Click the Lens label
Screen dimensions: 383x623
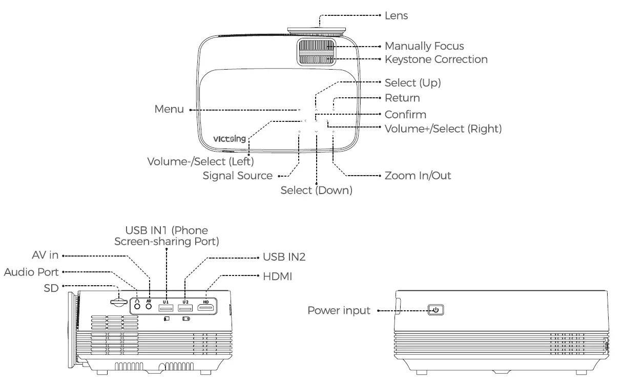(396, 16)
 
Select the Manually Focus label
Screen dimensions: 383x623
(424, 46)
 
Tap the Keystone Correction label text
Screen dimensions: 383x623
(435, 59)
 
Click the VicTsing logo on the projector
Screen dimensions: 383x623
(229, 139)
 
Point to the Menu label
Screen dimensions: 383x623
(169, 110)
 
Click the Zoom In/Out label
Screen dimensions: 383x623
(418, 176)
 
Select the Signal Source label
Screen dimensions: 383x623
(238, 176)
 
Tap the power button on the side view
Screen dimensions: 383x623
(436, 310)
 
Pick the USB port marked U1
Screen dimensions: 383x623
(165, 307)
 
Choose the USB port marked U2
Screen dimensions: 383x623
(185, 307)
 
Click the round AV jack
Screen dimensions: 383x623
(149, 307)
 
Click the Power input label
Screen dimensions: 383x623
(339, 310)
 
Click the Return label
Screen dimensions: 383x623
(402, 97)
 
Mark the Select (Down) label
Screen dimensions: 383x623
(316, 190)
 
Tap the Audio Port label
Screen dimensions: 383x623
(32, 271)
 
